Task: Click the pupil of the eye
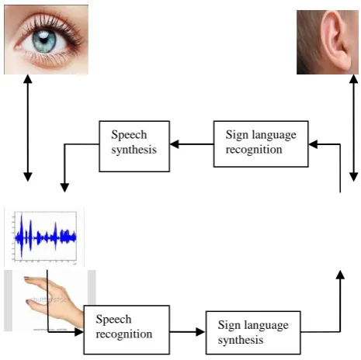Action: (x=44, y=40)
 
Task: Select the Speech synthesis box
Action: (x=134, y=146)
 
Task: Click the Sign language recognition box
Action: (x=261, y=144)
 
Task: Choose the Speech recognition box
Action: (x=127, y=330)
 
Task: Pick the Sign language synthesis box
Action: (x=253, y=333)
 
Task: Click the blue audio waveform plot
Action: (x=44, y=237)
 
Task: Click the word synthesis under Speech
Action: (x=134, y=150)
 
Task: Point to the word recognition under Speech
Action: (x=124, y=334)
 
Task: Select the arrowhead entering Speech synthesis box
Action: (x=174, y=144)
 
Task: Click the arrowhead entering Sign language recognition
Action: (x=313, y=144)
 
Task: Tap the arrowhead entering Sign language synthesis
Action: (x=200, y=331)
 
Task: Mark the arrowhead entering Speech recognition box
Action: (x=78, y=332)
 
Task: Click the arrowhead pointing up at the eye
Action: (x=28, y=79)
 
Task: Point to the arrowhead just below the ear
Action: (x=353, y=79)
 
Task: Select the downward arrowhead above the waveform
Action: (x=64, y=188)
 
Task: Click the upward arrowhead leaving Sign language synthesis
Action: (x=340, y=275)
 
